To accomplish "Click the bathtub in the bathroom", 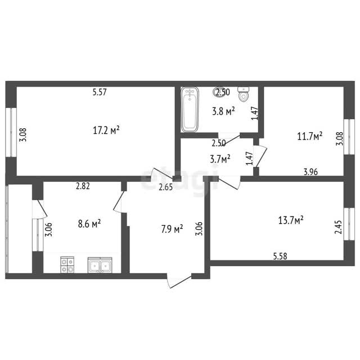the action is tap(190, 110).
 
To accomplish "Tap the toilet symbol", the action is tap(244, 94).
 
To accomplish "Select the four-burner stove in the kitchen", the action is tap(67, 265).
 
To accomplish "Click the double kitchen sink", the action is tap(100, 265).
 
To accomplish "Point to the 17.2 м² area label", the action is tap(106, 130).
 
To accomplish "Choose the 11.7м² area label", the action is tap(310, 136).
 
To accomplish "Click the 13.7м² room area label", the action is tap(291, 220).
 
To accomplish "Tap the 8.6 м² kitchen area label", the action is tap(89, 224).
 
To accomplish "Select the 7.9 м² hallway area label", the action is tap(172, 229).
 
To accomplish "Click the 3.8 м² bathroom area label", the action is tap(223, 111).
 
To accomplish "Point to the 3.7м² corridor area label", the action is tap(220, 159).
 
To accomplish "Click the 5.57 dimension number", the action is tap(100, 92).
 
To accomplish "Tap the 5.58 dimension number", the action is tap(280, 256).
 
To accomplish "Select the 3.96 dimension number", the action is tap(310, 172).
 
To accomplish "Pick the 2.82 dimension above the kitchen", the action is tap(83, 186).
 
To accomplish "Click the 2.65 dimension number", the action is tap(166, 187).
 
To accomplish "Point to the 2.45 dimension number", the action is tap(338, 227).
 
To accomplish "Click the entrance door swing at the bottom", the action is tap(179, 281).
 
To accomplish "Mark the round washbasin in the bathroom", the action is tap(219, 92).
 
